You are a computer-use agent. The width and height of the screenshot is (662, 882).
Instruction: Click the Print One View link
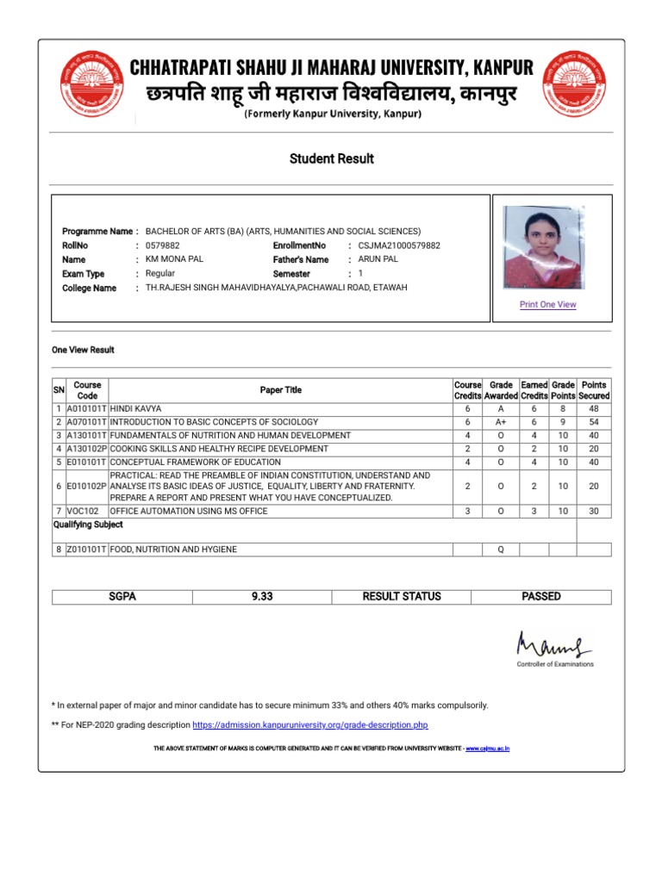click(547, 304)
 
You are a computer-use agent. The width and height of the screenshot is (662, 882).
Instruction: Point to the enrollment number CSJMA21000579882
click(398, 245)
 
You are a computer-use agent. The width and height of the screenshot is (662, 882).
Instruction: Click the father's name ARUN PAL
click(378, 259)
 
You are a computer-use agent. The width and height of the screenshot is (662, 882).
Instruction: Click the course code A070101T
click(86, 422)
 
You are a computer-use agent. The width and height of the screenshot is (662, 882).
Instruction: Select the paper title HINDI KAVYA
click(135, 408)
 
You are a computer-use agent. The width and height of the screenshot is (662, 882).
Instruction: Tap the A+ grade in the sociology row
click(501, 422)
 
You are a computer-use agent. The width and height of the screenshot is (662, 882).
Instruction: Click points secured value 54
click(593, 422)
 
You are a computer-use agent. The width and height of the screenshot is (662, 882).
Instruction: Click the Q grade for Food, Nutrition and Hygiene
click(501, 549)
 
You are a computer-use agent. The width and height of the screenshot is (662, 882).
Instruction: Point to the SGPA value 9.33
click(261, 596)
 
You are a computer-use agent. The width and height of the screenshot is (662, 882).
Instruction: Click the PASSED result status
click(541, 596)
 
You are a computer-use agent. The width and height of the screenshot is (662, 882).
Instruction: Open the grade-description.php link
click(309, 725)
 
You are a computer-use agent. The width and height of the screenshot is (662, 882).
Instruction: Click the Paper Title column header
click(281, 390)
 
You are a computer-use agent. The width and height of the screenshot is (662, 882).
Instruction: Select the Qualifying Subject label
click(88, 525)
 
